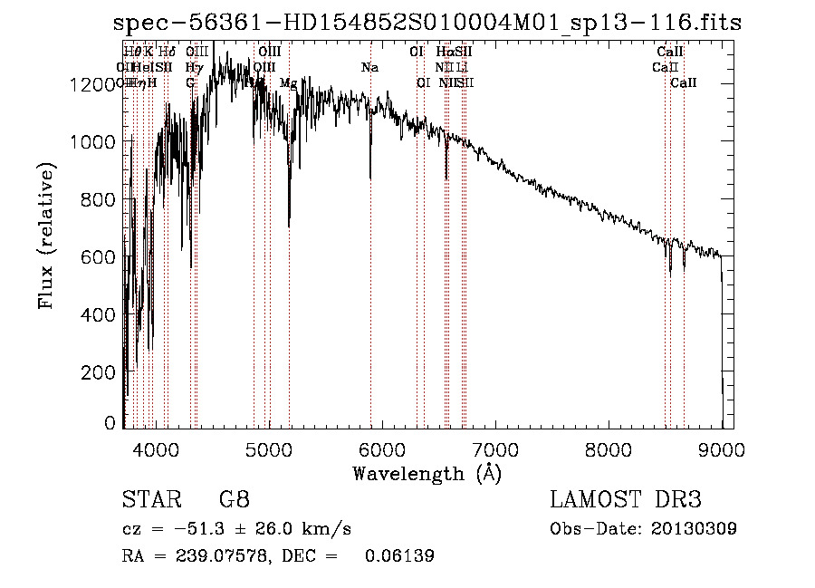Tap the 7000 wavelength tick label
pos(495,448)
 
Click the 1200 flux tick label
pos(91,84)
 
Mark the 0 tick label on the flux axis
pos(110,423)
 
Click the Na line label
pos(369,68)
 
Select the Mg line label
pos(288,83)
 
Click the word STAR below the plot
pos(151,499)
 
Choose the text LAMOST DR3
pos(626,499)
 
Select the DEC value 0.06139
pos(399,556)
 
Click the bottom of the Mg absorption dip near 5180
pos(289,227)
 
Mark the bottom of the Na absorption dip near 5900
pos(370,179)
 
